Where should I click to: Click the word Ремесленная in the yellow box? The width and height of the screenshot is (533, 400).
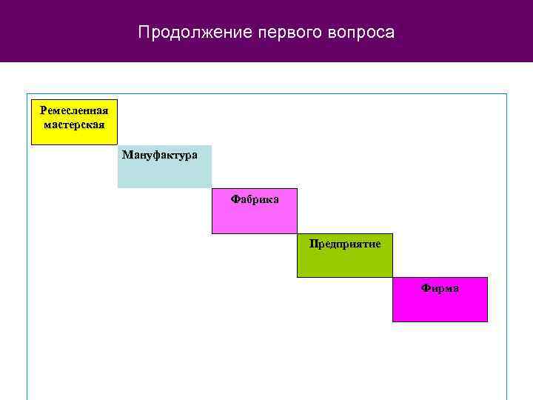pyautogui.click(x=74, y=110)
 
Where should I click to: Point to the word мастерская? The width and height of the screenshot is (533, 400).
pyautogui.click(x=74, y=124)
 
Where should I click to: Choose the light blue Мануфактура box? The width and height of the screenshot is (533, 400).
pyautogui.click(x=164, y=167)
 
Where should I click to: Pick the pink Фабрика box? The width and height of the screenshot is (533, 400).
pyautogui.click(x=255, y=211)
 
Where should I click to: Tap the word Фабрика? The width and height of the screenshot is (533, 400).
pyautogui.click(x=255, y=199)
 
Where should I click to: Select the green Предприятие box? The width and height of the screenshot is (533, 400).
pyautogui.click(x=345, y=256)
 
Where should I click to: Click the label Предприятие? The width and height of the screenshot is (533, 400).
pyautogui.click(x=345, y=244)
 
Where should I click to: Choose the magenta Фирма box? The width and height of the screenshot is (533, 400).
pyautogui.click(x=440, y=300)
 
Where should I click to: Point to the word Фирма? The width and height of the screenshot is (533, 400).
pyautogui.click(x=440, y=288)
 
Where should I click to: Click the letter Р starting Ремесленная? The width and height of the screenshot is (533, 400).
pyautogui.click(x=44, y=110)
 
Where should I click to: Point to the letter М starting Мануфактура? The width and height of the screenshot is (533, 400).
pyautogui.click(x=127, y=156)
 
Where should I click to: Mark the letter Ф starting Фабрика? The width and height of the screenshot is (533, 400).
pyautogui.click(x=235, y=199)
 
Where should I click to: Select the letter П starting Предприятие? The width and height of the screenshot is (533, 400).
pyautogui.click(x=313, y=244)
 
